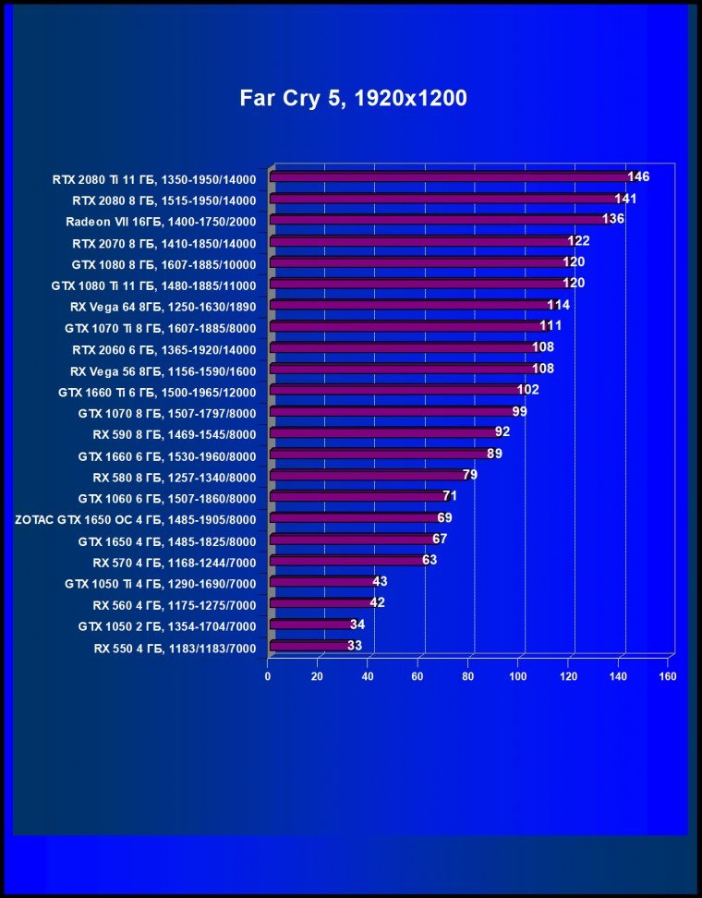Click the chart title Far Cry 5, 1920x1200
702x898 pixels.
point(353,98)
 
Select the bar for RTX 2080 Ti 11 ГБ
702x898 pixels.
point(448,177)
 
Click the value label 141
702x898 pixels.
point(627,198)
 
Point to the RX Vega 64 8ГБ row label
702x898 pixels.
point(163,306)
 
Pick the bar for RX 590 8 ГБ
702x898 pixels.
point(381,432)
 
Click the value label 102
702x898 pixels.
point(528,390)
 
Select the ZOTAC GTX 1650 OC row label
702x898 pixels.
point(136,519)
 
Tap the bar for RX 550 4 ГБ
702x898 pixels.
point(307,646)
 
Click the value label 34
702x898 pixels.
point(357,625)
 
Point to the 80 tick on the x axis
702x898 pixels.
point(467,676)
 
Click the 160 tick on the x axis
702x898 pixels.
point(668,676)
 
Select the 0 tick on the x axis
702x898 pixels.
point(268,676)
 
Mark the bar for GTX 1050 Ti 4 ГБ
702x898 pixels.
point(320,582)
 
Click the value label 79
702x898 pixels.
point(470,475)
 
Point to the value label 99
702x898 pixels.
point(519,411)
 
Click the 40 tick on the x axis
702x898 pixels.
point(368,676)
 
